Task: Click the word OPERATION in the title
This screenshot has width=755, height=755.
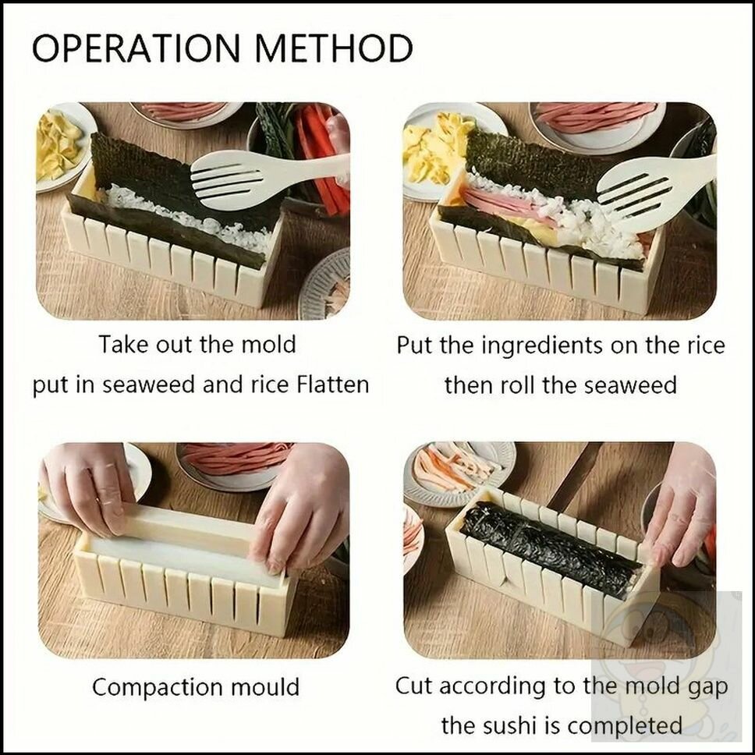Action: coord(136,48)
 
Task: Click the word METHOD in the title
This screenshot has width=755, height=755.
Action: coord(334,48)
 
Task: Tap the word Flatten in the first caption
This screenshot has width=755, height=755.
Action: coord(333,385)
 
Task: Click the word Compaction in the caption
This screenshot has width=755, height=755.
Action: coord(158,688)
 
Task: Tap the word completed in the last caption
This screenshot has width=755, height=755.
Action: coord(615,726)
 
